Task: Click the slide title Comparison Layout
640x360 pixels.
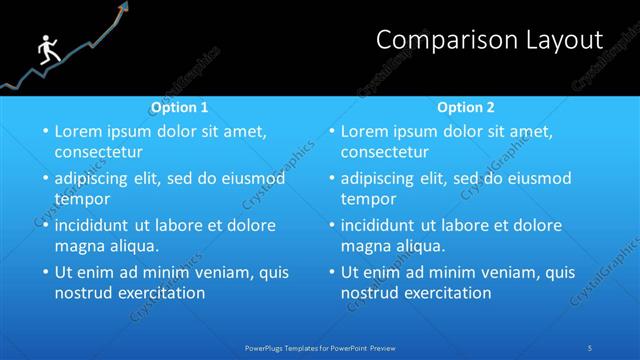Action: [489, 40]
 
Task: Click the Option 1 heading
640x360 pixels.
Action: [180, 107]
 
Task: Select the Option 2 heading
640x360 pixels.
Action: [466, 107]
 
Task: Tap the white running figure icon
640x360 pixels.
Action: [46, 51]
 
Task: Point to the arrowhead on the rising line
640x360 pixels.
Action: [124, 10]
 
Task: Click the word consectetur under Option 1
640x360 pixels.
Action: [98, 153]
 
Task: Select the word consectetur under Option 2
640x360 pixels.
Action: [384, 153]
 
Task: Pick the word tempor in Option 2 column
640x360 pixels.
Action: [367, 199]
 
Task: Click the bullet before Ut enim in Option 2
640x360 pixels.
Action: [330, 272]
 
